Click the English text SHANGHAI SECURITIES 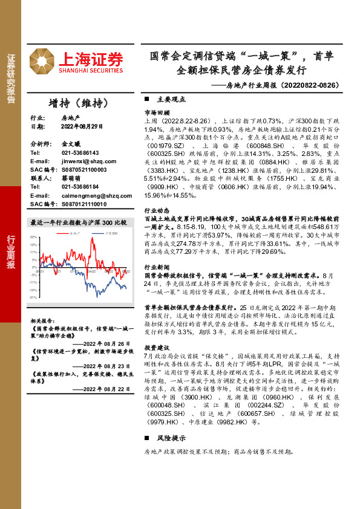click(91, 71)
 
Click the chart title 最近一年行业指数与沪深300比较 click(78, 222)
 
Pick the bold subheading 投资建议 click(156, 348)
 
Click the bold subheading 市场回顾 click(156, 112)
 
